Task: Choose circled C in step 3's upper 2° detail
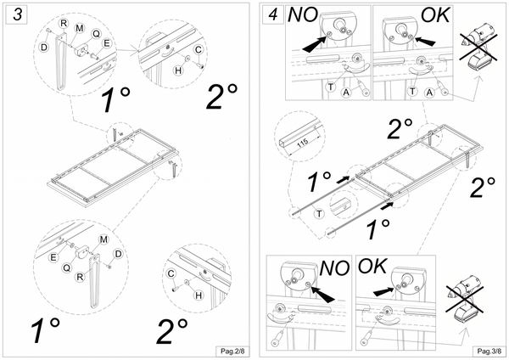pyautogui.click(x=198, y=48)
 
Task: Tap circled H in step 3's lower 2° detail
pyautogui.click(x=199, y=294)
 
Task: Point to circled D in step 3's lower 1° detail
pyautogui.click(x=118, y=253)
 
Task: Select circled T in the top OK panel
pyautogui.click(x=413, y=89)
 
